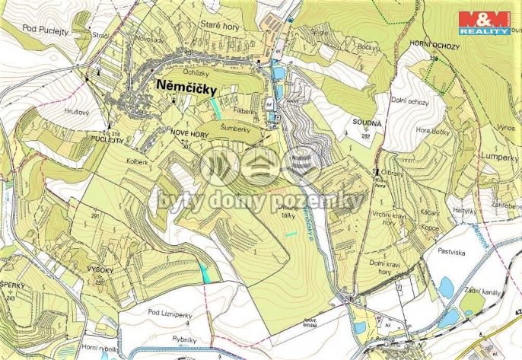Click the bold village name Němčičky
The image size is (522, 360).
[186, 86]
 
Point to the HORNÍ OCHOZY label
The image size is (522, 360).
[434, 45]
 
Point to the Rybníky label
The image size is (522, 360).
[185, 339]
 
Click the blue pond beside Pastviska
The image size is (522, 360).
[446, 287]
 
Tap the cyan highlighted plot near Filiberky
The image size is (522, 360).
[216, 107]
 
